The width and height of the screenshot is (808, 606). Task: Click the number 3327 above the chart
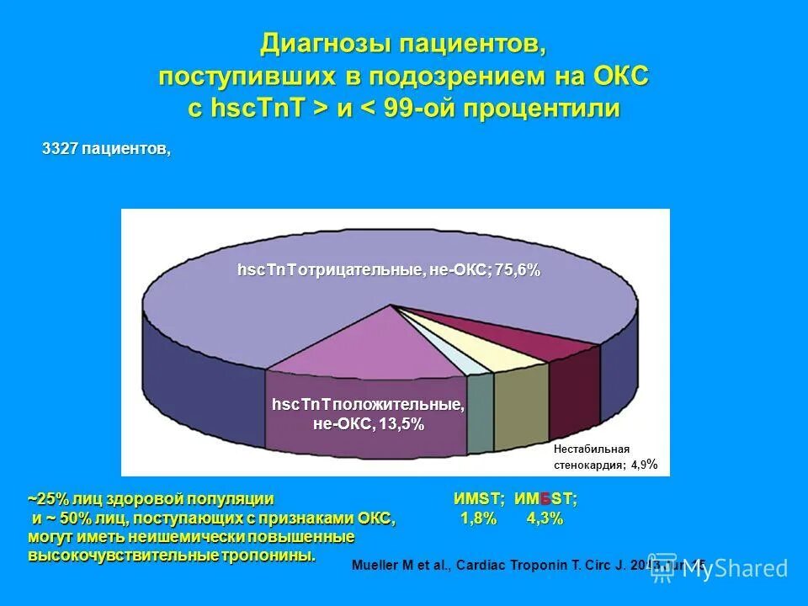(x=61, y=149)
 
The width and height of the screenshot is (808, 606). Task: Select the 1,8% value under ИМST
(x=478, y=519)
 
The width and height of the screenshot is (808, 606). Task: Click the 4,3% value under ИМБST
(x=545, y=519)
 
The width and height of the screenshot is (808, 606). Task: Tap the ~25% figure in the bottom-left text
(x=44, y=498)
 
